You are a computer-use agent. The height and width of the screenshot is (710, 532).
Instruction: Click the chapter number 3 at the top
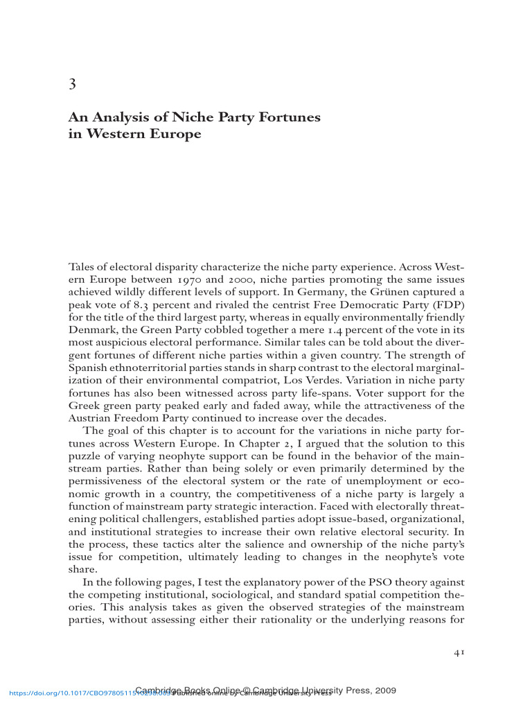72,85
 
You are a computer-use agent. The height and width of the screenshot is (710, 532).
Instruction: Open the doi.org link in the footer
69,691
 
